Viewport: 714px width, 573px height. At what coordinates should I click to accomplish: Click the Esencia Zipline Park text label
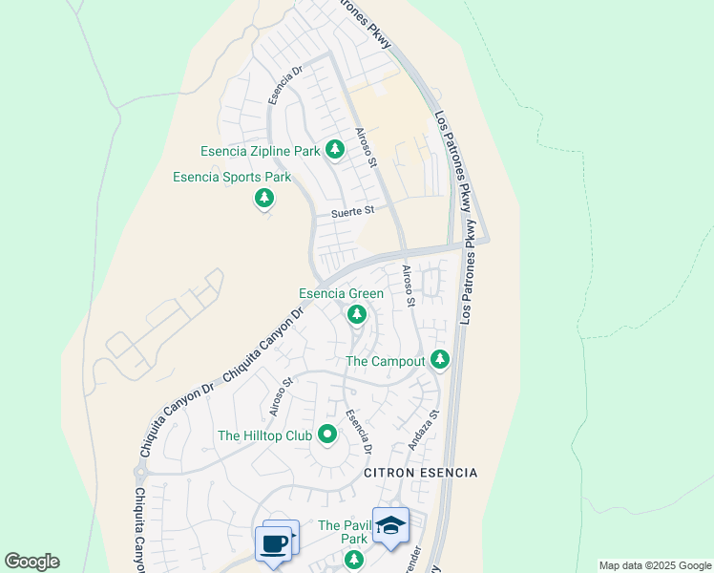pos(260,151)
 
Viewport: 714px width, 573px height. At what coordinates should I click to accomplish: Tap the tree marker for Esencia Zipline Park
pos(334,150)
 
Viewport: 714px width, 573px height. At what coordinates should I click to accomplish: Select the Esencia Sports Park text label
pos(231,178)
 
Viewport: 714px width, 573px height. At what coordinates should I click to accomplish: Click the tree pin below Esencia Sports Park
pos(264,199)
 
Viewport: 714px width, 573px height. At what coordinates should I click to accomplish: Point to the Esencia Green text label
pos(341,294)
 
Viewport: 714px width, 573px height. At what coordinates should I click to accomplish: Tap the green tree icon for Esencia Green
pos(357,314)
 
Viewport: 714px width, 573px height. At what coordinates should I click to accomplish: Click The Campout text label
pos(384,362)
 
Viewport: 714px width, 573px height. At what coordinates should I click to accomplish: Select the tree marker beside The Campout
pos(439,360)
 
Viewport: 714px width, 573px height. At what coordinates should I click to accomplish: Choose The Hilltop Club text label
pos(264,435)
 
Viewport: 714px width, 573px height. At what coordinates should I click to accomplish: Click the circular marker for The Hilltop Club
pos(327,435)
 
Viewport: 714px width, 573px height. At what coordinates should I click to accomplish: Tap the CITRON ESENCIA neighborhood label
pos(420,474)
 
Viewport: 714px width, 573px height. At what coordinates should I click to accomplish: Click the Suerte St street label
pos(353,213)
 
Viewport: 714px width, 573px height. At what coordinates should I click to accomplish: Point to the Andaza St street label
pos(421,430)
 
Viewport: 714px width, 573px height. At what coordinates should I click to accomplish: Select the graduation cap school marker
pos(390,526)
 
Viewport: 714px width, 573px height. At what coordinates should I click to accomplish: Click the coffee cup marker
pos(275,542)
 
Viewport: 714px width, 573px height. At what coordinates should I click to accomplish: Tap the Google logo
pos(31,562)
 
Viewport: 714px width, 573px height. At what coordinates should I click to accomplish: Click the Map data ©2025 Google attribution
pos(654,565)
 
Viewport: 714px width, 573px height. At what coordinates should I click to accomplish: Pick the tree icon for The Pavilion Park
pos(354,559)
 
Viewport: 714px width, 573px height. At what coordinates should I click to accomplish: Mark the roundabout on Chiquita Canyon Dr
pos(142,471)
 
